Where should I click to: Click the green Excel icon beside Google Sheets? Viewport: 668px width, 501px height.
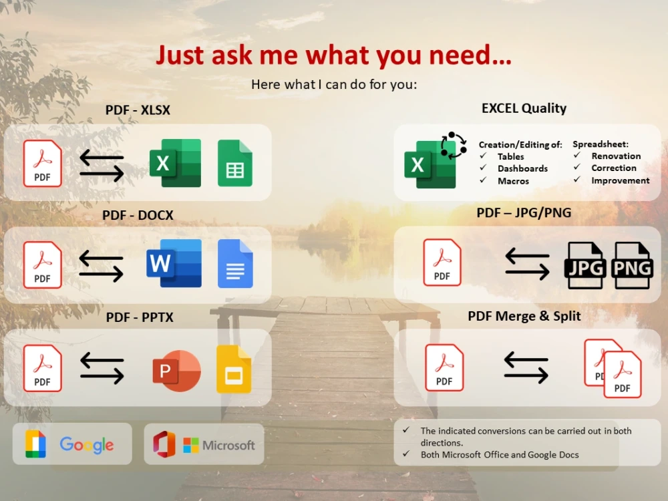tap(175, 163)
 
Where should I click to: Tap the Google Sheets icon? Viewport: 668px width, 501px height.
tap(235, 163)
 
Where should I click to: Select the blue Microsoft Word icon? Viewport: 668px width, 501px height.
tap(174, 263)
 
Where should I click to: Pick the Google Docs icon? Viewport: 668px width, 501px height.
tap(235, 263)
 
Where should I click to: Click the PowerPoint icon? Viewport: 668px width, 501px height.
tap(176, 371)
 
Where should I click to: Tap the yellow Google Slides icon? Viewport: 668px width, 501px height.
tap(234, 369)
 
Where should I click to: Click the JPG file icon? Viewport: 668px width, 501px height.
tap(586, 266)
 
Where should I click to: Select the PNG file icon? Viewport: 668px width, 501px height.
tap(633, 266)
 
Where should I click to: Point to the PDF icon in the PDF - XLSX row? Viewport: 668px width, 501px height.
tap(42, 163)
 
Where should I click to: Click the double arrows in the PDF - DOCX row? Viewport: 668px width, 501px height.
tap(102, 265)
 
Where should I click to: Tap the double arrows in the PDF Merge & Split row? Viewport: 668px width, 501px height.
tap(526, 368)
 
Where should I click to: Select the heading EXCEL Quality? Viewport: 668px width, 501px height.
tap(524, 108)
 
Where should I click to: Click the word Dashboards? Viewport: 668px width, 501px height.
tap(522, 169)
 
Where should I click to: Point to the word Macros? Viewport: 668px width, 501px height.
tap(513, 181)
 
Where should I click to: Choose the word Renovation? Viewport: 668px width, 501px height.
tap(616, 156)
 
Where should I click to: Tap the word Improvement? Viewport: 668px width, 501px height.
tap(620, 180)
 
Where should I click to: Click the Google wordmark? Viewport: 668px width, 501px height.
tap(87, 445)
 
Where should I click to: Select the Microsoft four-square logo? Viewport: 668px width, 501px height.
tap(191, 445)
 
